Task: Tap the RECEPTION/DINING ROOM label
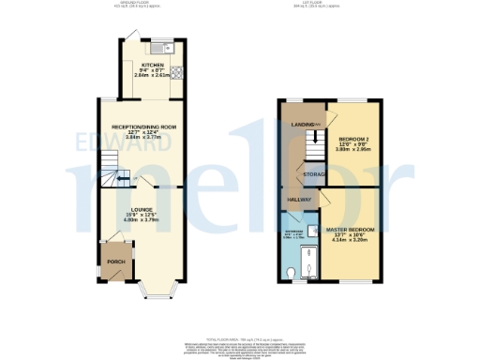pos(145,125)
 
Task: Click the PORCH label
pos(115,261)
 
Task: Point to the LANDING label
pos(303,124)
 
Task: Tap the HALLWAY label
pos(298,200)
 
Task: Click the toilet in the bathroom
pos(293,272)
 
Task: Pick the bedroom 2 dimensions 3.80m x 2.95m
pos(354,147)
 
